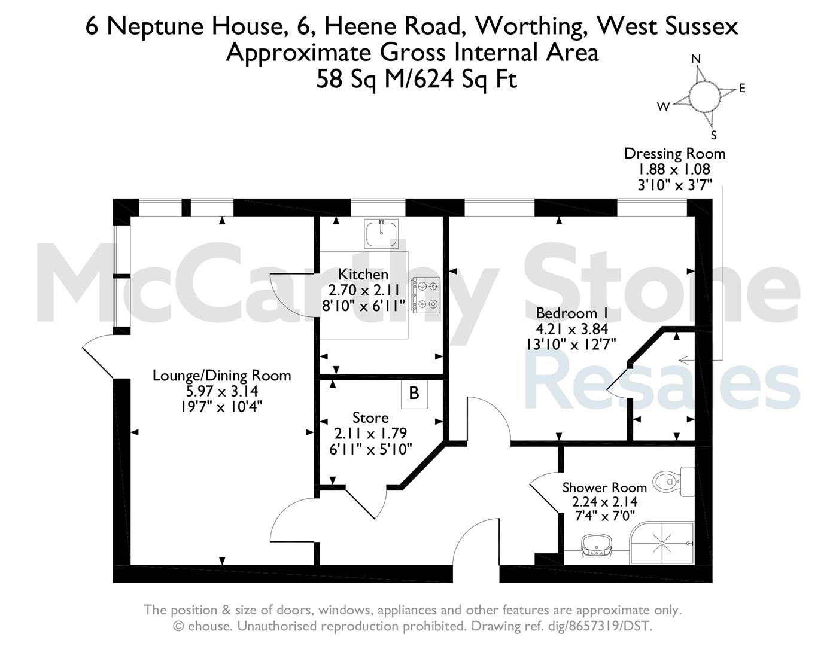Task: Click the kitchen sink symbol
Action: pos(381,233)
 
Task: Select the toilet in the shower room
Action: pos(673,481)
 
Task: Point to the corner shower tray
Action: pos(662,543)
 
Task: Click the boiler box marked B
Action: pos(414,394)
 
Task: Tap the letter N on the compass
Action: pos(695,59)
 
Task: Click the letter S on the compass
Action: pos(714,135)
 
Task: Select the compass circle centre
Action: pos(704,96)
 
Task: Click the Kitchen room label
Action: pos(363,275)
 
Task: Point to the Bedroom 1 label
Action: pos(571,313)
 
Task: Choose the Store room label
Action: pos(370,418)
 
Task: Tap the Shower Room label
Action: pos(604,487)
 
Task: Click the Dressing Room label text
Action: pos(674,153)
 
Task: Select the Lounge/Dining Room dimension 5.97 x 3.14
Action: pos(222,391)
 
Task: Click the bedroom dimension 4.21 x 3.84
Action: pos(571,329)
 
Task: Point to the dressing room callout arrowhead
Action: pos(683,360)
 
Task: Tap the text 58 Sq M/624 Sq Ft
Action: pos(417,80)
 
